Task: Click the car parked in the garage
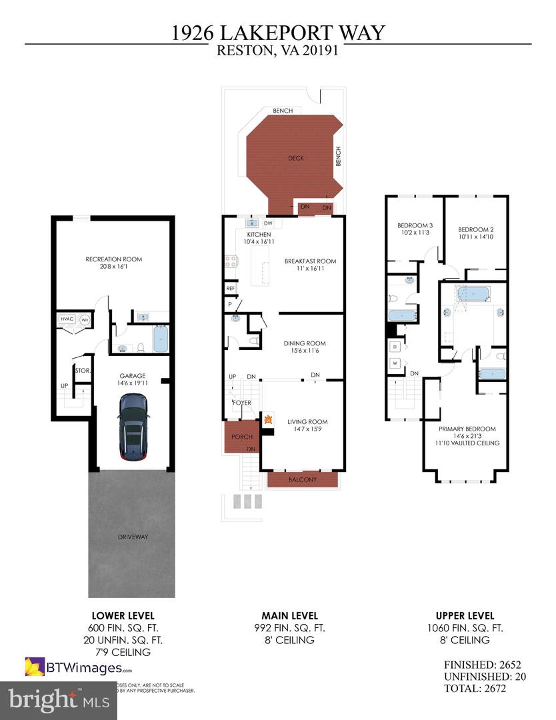tap(133, 427)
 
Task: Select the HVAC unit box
tap(67, 320)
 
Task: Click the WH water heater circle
tap(85, 320)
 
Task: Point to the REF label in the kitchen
tap(231, 289)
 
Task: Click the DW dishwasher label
tap(268, 223)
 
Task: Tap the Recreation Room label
tap(113, 259)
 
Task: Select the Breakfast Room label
tap(310, 261)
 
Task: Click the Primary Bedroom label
tap(467, 429)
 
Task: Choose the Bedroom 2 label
tap(475, 229)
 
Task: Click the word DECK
tap(295, 158)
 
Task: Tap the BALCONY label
tap(303, 479)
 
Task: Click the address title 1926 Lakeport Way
tap(277, 32)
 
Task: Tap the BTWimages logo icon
tap(35, 667)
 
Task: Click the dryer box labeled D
tap(396, 347)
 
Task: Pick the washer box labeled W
tap(396, 363)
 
